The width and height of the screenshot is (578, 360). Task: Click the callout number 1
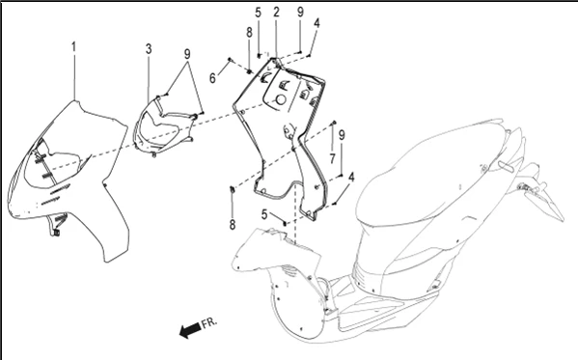[x=73, y=47]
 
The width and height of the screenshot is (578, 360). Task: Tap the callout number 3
[x=149, y=48]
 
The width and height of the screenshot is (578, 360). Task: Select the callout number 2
[x=277, y=13]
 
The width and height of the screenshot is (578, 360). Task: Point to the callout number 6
[x=212, y=78]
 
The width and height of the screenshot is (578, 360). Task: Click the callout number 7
[x=333, y=159]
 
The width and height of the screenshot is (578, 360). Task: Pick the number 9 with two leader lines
[x=187, y=54]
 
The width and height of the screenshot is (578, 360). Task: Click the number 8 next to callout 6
[x=250, y=33]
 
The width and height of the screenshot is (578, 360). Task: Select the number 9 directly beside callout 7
[x=342, y=135]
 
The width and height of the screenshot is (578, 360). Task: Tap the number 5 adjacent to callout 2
[x=258, y=13]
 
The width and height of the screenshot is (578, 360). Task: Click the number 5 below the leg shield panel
[x=264, y=214]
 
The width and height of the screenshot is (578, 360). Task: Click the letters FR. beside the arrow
[x=209, y=322]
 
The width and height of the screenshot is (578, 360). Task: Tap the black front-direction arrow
[x=190, y=330]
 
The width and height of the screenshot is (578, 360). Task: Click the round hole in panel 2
[x=281, y=99]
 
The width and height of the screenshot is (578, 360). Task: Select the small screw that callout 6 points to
[x=230, y=60]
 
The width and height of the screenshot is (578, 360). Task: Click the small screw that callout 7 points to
[x=334, y=122]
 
